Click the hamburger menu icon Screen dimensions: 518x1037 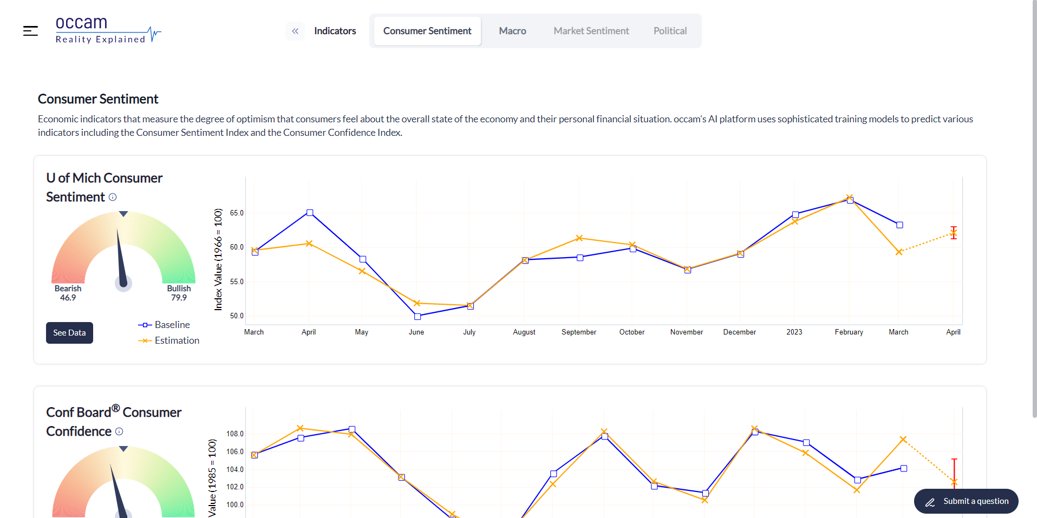30,31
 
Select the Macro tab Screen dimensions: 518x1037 512,31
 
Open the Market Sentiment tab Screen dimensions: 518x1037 591,31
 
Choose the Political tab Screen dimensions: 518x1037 670,31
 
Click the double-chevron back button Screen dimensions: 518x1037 295,31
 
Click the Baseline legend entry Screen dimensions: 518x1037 165,325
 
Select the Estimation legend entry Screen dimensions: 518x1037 169,340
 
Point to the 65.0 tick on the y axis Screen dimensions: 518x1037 237,213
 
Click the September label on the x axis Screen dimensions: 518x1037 578,332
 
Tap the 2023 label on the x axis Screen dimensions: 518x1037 794,332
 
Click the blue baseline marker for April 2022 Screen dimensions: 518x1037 310,213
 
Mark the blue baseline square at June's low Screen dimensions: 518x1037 418,317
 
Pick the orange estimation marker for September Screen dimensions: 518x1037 579,238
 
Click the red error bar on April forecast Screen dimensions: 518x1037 954,233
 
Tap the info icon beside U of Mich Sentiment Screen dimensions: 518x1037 113,197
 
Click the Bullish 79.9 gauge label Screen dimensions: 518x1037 179,293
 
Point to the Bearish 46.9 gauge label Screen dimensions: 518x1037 68,293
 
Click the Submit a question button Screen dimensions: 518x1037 966,501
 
